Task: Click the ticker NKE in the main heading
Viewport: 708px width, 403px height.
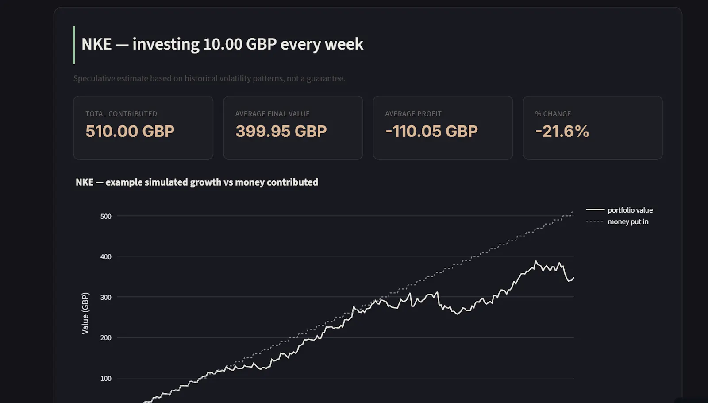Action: [96, 44]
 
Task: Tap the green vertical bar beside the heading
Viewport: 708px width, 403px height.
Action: [74, 45]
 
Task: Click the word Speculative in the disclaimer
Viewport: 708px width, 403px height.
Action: [94, 78]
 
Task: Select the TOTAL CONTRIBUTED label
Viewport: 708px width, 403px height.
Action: [121, 114]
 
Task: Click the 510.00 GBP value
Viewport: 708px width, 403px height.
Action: [130, 131]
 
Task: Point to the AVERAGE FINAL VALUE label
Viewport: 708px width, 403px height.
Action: [273, 114]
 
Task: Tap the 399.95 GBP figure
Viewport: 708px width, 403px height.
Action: [281, 131]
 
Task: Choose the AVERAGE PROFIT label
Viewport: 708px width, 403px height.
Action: [413, 114]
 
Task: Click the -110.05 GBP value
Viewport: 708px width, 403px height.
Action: [431, 131]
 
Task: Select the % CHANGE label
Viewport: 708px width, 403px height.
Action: [553, 114]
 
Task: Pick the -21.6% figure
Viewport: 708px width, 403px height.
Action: [562, 131]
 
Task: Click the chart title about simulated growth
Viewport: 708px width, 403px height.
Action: [196, 182]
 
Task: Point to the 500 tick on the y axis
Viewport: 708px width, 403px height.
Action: [106, 217]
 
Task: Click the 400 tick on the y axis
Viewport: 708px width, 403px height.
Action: [106, 256]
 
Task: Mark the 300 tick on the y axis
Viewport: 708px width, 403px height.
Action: [106, 297]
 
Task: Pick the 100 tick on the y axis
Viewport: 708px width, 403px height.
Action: [106, 378]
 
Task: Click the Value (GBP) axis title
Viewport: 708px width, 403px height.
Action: [85, 313]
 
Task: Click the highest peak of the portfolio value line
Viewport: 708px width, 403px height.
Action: [535, 261]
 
